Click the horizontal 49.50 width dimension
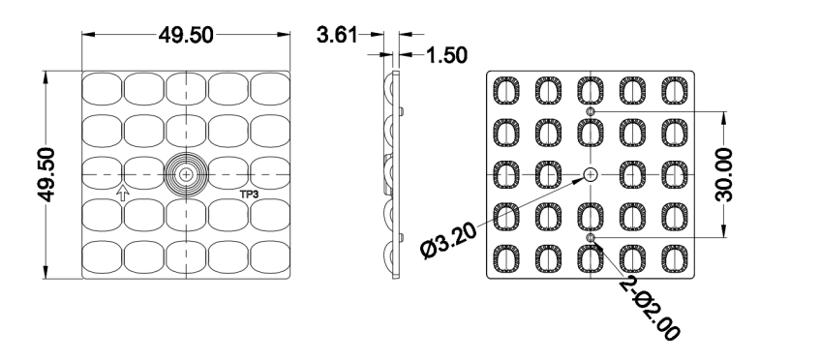(x=186, y=35)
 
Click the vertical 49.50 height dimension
(x=46, y=174)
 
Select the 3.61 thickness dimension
(x=337, y=35)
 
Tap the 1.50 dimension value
(x=446, y=55)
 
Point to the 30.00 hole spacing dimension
(x=724, y=174)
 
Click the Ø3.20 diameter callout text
(x=448, y=240)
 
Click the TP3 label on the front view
(x=249, y=195)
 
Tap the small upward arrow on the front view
(x=122, y=193)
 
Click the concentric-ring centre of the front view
(x=186, y=174)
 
